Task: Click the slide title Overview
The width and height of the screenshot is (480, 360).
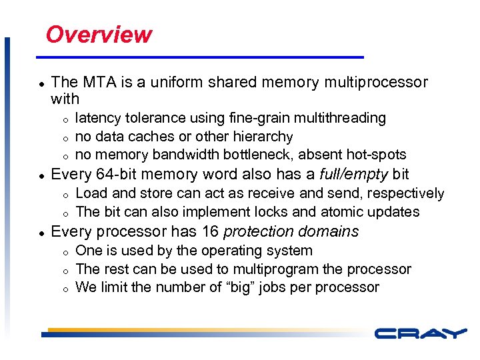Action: tap(99, 34)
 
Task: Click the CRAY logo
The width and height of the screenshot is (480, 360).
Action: tap(420, 333)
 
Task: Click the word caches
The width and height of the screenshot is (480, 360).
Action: tap(143, 137)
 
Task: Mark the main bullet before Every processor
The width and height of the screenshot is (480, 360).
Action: tap(41, 233)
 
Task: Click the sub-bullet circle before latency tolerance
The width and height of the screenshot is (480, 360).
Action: tap(65, 119)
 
